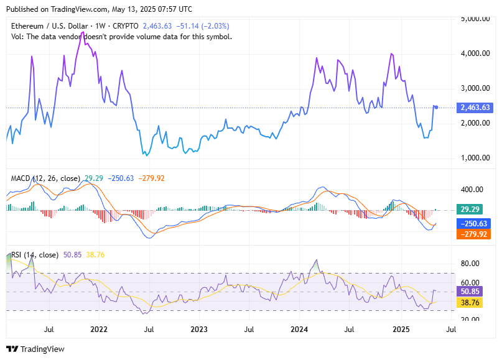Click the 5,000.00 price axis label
click(x=476, y=19)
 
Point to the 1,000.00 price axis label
click(x=476, y=157)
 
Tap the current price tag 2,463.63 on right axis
click(x=475, y=108)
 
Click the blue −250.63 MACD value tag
click(x=475, y=223)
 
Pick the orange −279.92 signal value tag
click(x=475, y=234)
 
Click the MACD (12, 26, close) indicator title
click(x=45, y=178)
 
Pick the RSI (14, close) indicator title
click(x=35, y=255)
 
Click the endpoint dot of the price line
click(x=436, y=108)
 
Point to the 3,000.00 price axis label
click(x=476, y=88)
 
